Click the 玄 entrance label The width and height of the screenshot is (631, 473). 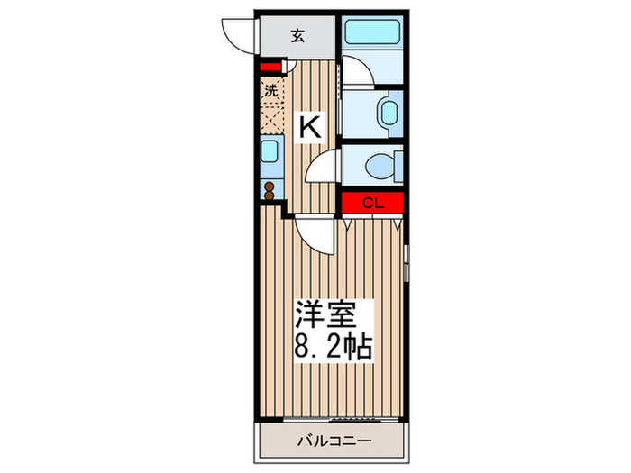coord(297,36)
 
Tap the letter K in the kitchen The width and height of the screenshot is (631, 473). coord(309,127)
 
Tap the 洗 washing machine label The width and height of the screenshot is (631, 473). coord(270,90)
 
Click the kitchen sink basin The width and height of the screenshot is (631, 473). coord(269,150)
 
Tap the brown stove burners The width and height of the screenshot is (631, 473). coord(269,189)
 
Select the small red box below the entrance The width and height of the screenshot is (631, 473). coord(270,66)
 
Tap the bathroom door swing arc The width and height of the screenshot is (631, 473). coord(355,71)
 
